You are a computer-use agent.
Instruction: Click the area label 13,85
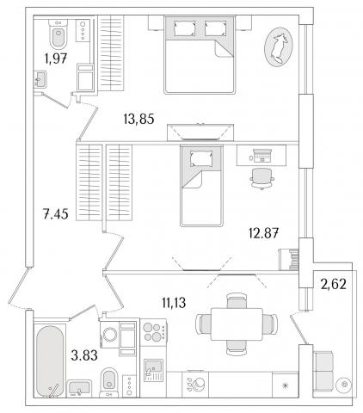pyautogui.click(x=138, y=119)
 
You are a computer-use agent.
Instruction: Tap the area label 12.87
pyautogui.click(x=263, y=233)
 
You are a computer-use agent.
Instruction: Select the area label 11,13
pyautogui.click(x=174, y=303)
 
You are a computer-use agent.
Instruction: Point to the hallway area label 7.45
pyautogui.click(x=56, y=214)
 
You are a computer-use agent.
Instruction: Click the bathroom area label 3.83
pyautogui.click(x=84, y=355)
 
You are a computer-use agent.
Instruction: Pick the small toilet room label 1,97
pyautogui.click(x=56, y=59)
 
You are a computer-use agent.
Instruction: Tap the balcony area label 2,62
pyautogui.click(x=334, y=284)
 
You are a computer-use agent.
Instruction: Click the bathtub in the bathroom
pyautogui.click(x=50, y=361)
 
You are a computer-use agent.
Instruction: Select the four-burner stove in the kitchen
pyautogui.click(x=154, y=332)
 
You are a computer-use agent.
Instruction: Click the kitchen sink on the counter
pyautogui.click(x=153, y=370)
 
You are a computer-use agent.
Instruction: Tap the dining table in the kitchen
pyautogui.click(x=237, y=324)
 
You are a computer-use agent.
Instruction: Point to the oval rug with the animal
pyautogui.click(x=279, y=46)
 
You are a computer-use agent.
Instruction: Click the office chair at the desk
pyautogui.click(x=261, y=179)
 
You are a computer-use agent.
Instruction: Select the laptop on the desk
pyautogui.click(x=261, y=156)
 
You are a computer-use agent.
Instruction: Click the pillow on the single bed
pyautogui.click(x=202, y=158)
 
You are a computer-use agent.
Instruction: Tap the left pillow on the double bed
pyautogui.click(x=185, y=28)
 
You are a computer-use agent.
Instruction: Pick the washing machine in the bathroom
pyautogui.click(x=110, y=335)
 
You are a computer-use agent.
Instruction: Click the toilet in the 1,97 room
pyautogui.click(x=58, y=34)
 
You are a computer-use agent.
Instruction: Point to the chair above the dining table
pyautogui.click(x=237, y=300)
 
